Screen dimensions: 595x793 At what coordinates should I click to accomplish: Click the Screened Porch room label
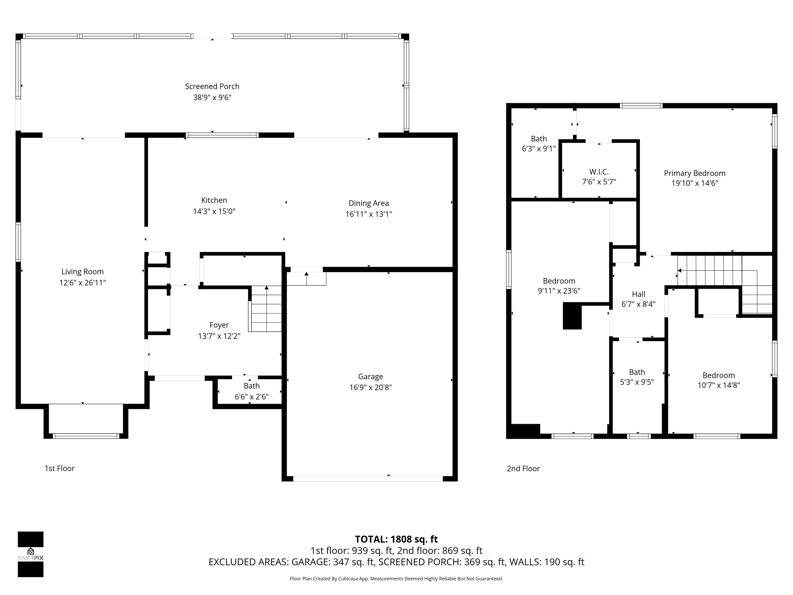click(212, 86)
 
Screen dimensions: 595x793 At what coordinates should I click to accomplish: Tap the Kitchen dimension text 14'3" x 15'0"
click(214, 211)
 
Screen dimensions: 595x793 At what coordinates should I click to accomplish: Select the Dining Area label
click(368, 203)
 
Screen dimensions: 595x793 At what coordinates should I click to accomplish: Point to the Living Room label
click(82, 272)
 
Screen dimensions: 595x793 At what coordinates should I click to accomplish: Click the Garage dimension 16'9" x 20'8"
click(370, 387)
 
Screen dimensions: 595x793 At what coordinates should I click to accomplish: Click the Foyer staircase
click(266, 309)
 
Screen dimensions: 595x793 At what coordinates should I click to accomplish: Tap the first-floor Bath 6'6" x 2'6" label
click(251, 386)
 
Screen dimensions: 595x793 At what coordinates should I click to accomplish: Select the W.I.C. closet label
click(599, 172)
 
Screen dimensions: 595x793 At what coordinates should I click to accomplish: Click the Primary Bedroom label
click(694, 173)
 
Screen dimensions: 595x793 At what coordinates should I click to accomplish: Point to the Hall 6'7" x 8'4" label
click(638, 294)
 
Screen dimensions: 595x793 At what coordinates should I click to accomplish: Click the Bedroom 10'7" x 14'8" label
click(718, 376)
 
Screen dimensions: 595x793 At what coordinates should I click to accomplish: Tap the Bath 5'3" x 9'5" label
click(637, 372)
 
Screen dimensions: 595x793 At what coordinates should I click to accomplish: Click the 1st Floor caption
click(59, 468)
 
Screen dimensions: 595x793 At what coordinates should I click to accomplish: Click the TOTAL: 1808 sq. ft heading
click(396, 539)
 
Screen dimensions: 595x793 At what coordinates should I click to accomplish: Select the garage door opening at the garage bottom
click(368, 478)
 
